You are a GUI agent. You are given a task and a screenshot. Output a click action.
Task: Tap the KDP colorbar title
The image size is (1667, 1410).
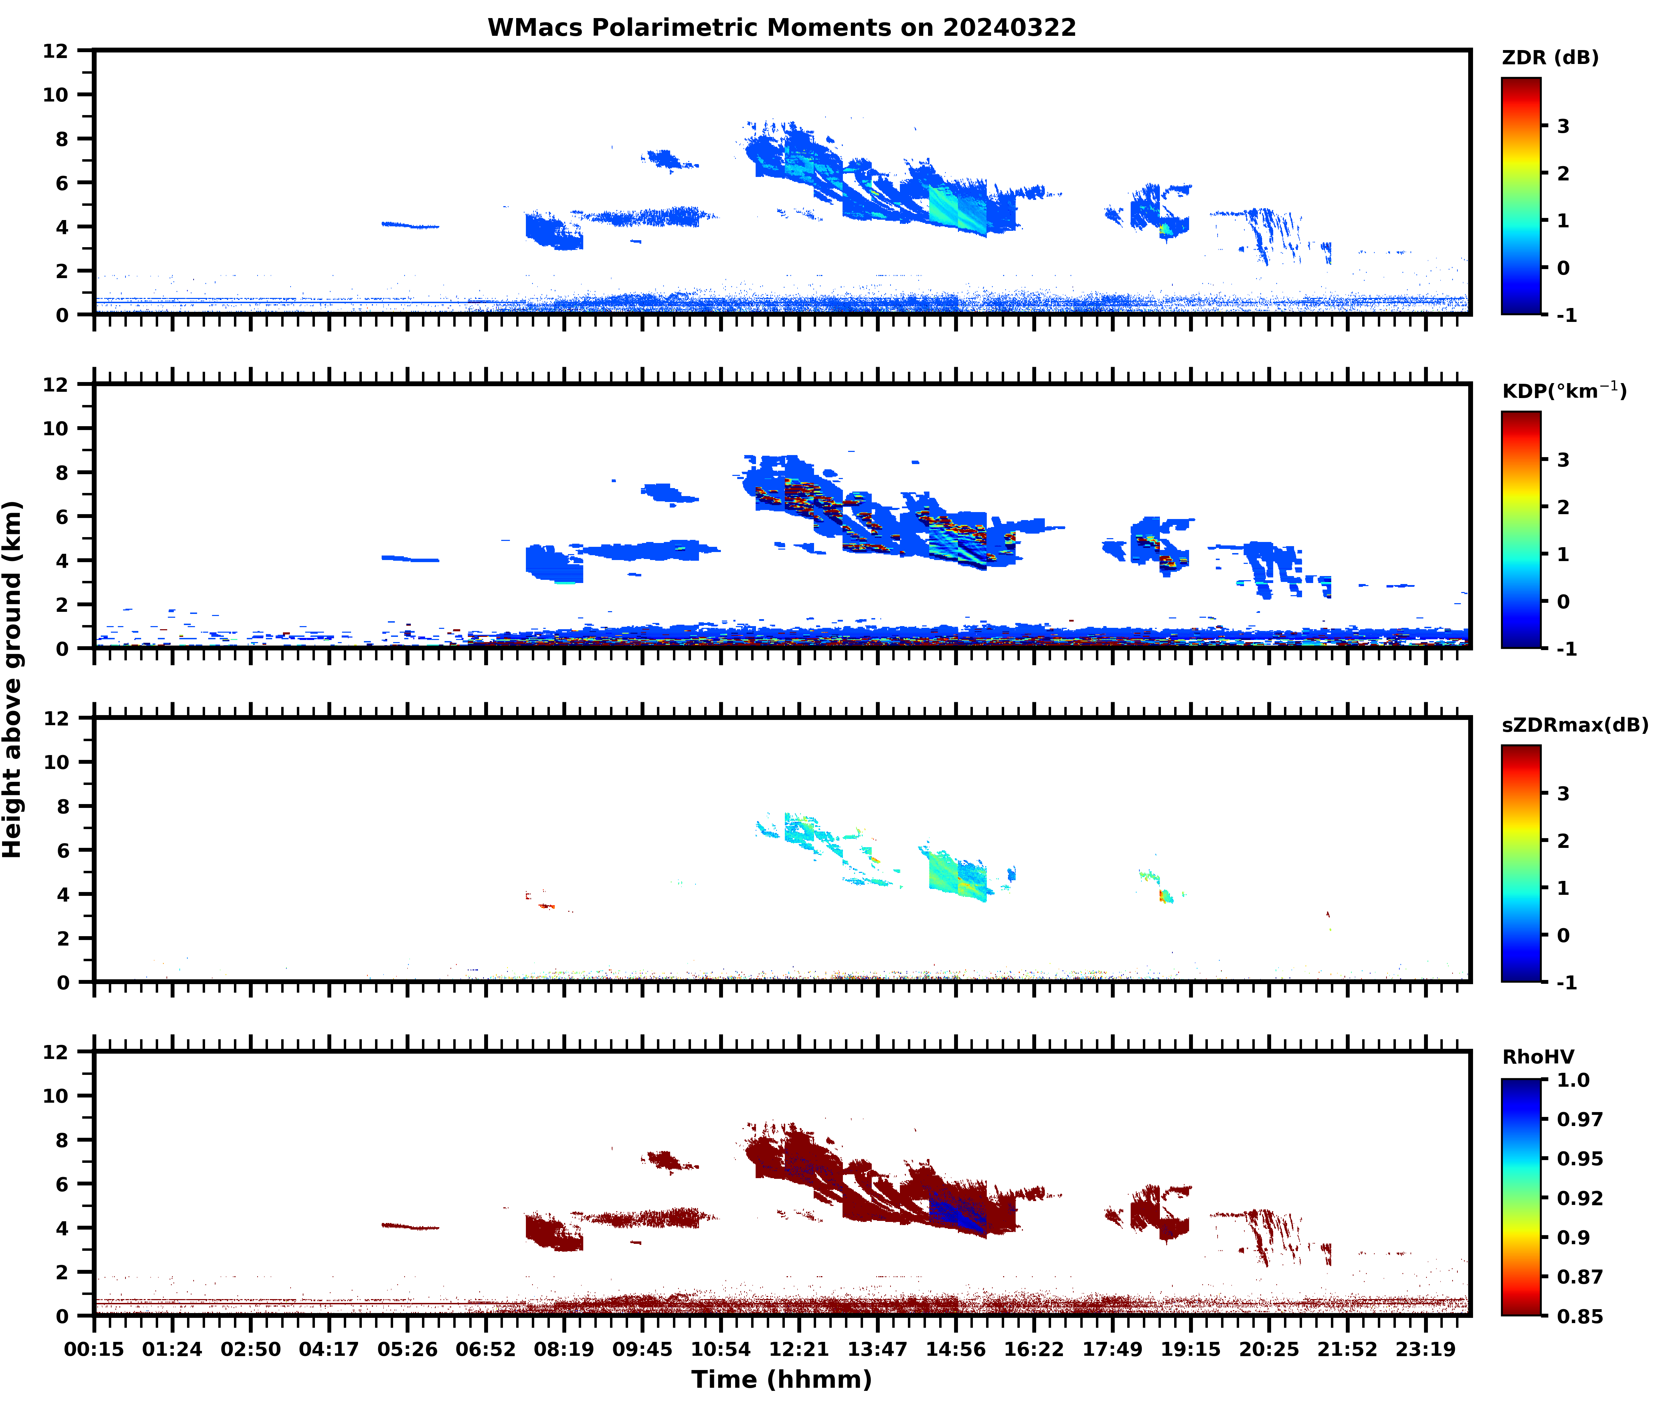[1564, 391]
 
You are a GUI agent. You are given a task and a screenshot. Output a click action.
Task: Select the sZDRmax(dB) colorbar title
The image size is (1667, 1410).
[1574, 725]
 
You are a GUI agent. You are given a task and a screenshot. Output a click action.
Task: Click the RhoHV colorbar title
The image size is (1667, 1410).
[1538, 1057]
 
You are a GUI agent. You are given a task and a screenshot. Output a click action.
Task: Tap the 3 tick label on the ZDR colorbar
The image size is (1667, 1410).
[1563, 126]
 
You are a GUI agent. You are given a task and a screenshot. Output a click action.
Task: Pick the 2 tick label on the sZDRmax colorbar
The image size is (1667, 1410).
[1563, 841]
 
